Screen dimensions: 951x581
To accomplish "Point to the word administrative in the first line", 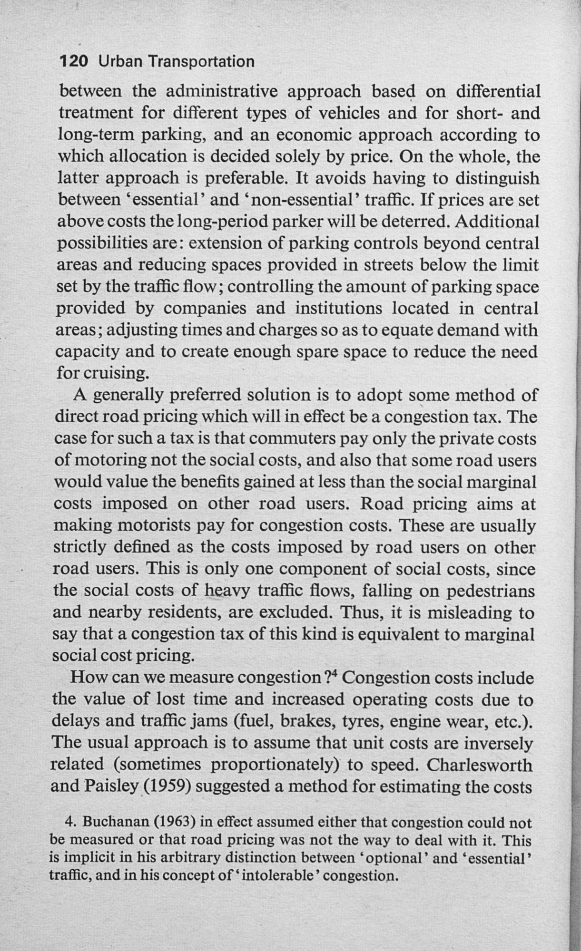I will click(222, 91).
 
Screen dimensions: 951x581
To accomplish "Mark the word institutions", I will click(338, 309).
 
